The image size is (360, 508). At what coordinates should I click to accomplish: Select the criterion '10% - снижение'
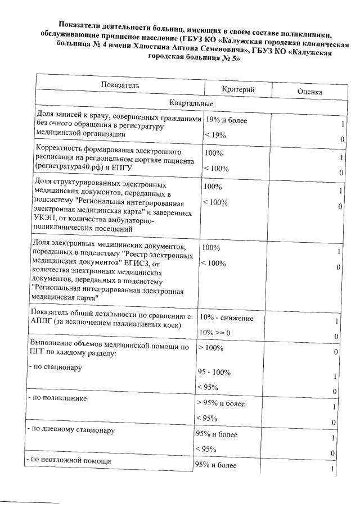(x=224, y=319)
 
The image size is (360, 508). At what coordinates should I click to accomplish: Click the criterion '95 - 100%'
(x=214, y=373)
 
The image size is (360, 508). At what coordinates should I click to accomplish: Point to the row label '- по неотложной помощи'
(x=68, y=461)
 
